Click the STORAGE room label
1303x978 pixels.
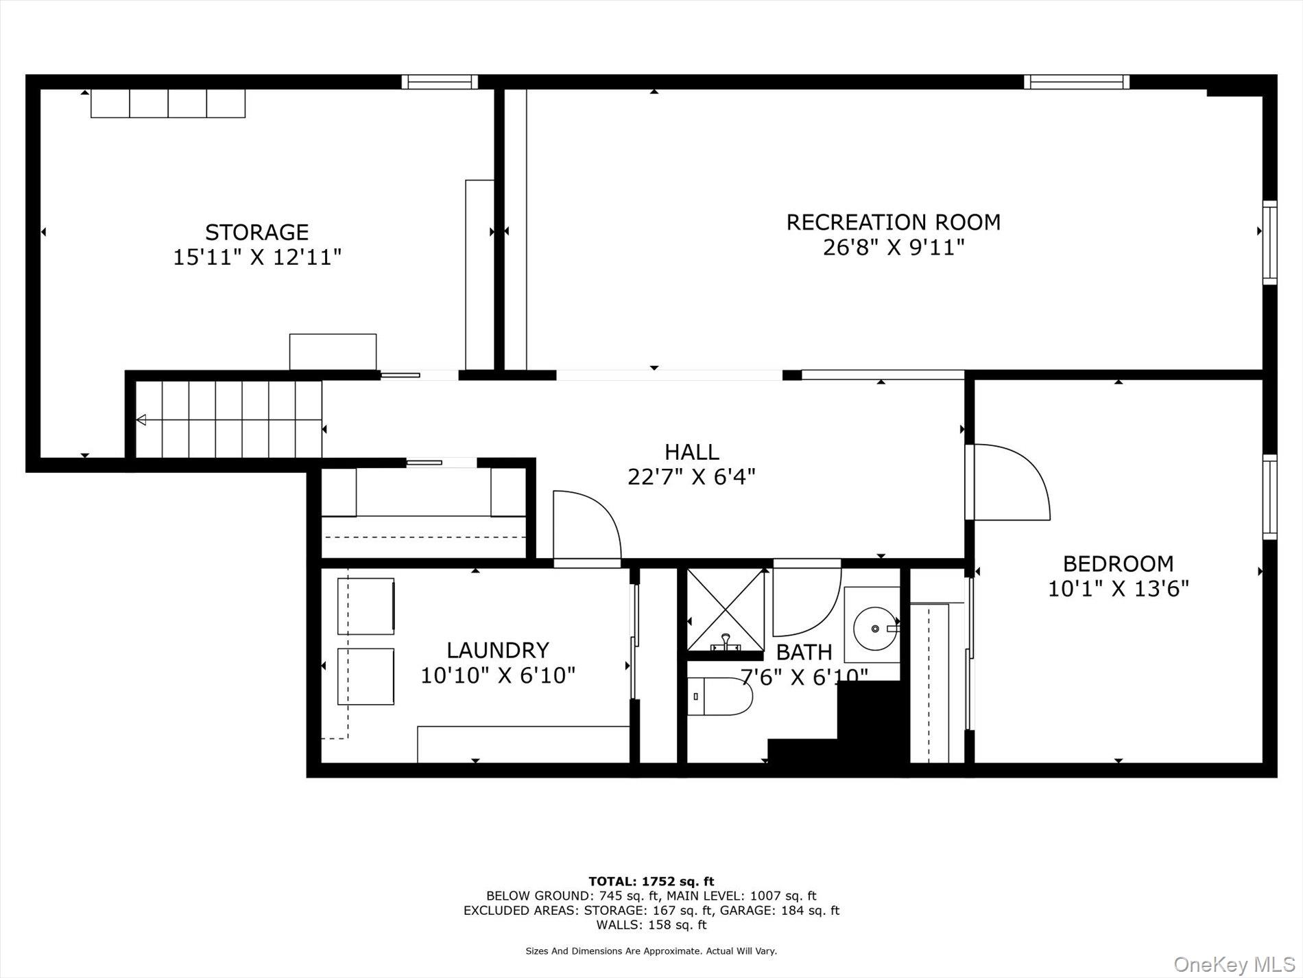tap(256, 232)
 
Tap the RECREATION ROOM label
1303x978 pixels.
tap(893, 222)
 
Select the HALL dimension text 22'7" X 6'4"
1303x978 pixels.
tap(691, 476)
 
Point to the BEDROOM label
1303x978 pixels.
tap(1118, 564)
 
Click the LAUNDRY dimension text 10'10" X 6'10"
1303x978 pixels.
tap(497, 675)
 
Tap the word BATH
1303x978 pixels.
tap(804, 651)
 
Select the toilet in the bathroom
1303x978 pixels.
tap(719, 696)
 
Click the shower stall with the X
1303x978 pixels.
tap(726, 609)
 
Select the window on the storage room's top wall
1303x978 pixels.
tap(440, 82)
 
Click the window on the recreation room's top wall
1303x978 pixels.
tap(1076, 82)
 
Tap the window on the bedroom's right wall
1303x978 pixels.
tap(1270, 496)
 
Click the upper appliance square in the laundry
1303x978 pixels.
tap(366, 606)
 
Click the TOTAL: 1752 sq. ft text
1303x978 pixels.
tap(651, 881)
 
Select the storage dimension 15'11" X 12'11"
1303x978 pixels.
tap(257, 257)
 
